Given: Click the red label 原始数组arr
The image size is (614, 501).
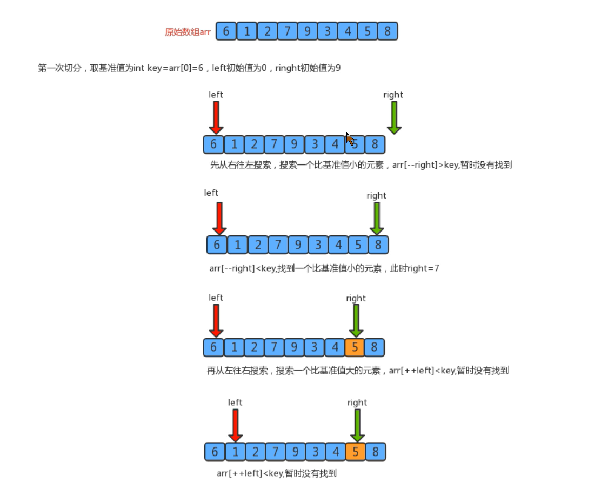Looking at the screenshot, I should click(x=188, y=32).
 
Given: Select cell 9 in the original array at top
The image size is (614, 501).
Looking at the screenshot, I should click(x=307, y=31).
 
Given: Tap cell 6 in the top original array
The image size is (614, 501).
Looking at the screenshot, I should click(x=226, y=31).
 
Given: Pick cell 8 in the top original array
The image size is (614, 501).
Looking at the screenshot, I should click(x=388, y=31).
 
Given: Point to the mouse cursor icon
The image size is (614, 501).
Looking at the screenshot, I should click(x=350, y=139).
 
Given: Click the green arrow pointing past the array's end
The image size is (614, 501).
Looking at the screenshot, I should click(x=394, y=117).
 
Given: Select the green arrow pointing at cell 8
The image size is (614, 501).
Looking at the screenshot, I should click(x=377, y=218).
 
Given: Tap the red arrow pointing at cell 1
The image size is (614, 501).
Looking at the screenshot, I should click(x=235, y=425).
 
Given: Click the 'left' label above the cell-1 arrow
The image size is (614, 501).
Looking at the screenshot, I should click(x=235, y=403).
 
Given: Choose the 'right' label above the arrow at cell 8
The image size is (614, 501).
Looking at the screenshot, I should click(x=376, y=195).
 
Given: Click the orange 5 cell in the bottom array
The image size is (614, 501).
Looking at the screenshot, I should click(x=355, y=452).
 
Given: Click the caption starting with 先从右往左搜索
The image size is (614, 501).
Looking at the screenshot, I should click(x=361, y=165).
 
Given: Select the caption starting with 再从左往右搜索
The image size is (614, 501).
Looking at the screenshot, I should click(x=357, y=371).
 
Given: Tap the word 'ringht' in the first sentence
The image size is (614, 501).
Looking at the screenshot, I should click(x=288, y=68).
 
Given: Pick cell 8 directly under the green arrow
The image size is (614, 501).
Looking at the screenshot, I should click(x=378, y=245).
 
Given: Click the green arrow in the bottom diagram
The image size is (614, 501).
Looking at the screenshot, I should click(x=357, y=425).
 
